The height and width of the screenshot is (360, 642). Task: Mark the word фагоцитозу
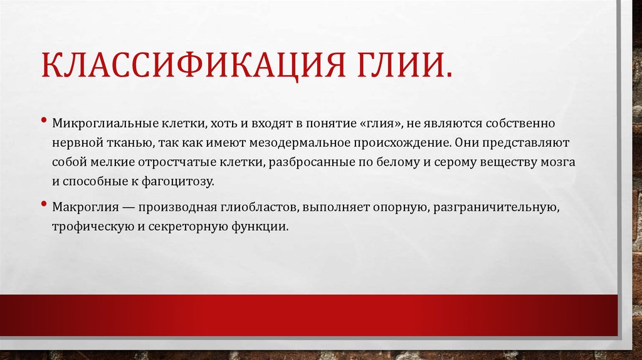pos(182,183)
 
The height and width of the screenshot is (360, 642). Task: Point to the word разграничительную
pos(499,207)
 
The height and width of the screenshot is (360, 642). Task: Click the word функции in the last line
pos(262,227)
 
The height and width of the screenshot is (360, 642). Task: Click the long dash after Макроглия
pos(125,207)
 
